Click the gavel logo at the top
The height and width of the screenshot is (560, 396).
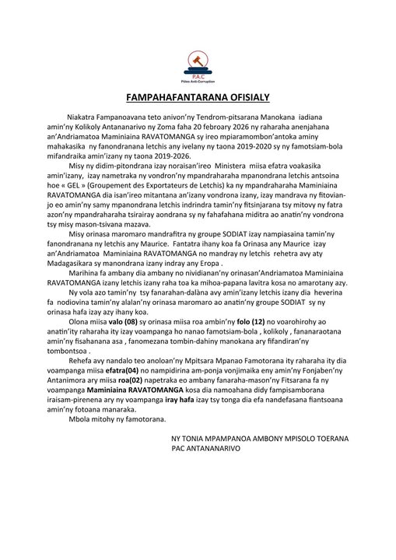[198, 63]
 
